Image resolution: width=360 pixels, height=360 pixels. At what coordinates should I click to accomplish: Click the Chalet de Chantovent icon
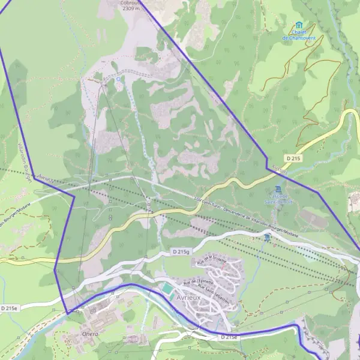tap(298, 25)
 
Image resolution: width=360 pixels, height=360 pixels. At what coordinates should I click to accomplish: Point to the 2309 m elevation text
tap(130, 9)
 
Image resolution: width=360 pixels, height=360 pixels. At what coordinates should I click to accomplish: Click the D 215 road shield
tap(293, 158)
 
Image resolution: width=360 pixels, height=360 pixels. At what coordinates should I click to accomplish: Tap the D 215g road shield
tap(179, 252)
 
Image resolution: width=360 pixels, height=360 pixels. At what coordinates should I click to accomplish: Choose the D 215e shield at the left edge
tap(10, 308)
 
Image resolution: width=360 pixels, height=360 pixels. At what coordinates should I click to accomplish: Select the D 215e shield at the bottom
tap(229, 337)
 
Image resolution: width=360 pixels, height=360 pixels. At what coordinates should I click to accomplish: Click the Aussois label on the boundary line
tap(279, 169)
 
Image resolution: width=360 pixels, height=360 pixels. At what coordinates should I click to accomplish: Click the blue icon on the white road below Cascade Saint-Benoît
tap(266, 238)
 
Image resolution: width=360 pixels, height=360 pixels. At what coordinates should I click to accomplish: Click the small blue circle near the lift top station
tap(119, 78)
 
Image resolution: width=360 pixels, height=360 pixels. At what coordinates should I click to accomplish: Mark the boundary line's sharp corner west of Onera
tap(68, 313)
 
